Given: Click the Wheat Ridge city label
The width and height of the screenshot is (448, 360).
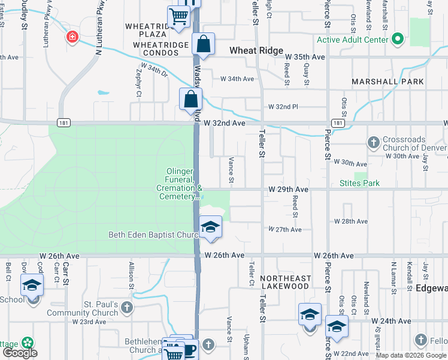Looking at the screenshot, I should [256, 51].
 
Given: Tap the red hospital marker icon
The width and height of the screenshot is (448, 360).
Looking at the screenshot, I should [73, 37].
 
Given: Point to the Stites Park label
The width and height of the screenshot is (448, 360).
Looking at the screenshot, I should [359, 183].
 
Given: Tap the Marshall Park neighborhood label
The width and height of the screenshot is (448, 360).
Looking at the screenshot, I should [388, 82].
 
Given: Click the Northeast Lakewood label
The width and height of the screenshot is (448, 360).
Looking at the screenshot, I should [285, 282].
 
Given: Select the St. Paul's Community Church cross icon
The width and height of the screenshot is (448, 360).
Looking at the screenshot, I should [126, 308].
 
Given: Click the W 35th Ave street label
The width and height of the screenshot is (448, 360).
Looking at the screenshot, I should [305, 57].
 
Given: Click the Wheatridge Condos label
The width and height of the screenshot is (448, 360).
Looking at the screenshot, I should [152, 53].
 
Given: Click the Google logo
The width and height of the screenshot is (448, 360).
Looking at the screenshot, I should [20, 353].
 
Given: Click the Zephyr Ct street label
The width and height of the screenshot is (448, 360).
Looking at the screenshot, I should [138, 83].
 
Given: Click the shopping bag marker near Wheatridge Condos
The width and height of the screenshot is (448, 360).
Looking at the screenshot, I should [203, 44].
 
